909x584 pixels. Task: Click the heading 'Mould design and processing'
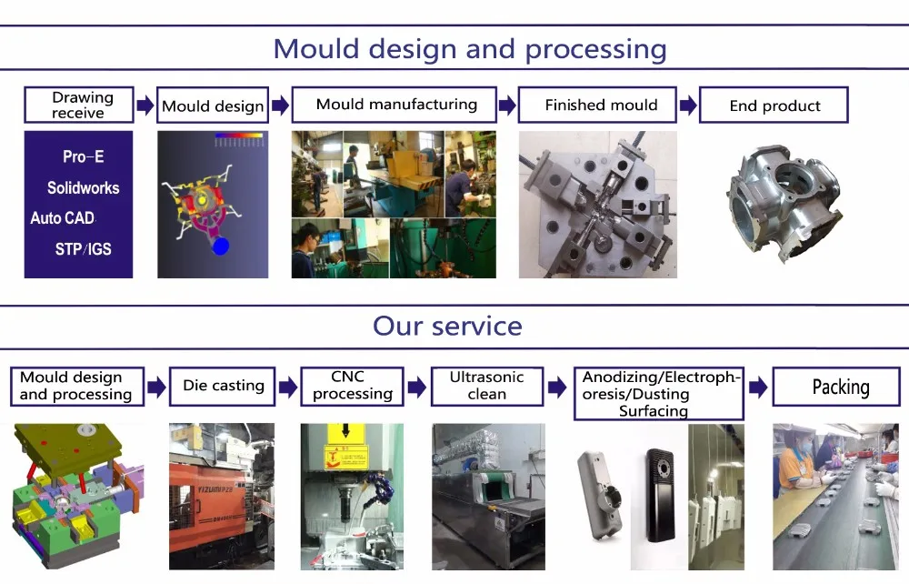pyautogui.click(x=470, y=49)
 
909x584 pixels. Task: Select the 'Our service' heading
pyautogui.click(x=447, y=326)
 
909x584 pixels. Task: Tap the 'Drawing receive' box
pyautogui.click(x=79, y=105)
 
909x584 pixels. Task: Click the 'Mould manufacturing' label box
pyautogui.click(x=395, y=105)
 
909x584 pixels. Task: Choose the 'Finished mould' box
pyautogui.click(x=597, y=105)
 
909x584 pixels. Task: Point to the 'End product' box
pyautogui.click(x=774, y=105)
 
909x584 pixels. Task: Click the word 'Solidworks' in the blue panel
pyautogui.click(x=84, y=188)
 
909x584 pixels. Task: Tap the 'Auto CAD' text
pyautogui.click(x=63, y=218)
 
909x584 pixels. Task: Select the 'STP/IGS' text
pyautogui.click(x=84, y=249)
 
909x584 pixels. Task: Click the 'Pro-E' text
pyautogui.click(x=84, y=156)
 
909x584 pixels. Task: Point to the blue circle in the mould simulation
pyautogui.click(x=220, y=247)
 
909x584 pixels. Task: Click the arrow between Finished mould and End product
pyautogui.click(x=688, y=106)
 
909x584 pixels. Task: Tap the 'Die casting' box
pyautogui.click(x=223, y=387)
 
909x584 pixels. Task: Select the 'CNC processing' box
pyautogui.click(x=353, y=387)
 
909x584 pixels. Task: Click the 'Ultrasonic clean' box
pyautogui.click(x=487, y=387)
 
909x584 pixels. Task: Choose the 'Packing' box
pyautogui.click(x=836, y=387)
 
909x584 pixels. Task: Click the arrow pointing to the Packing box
pyautogui.click(x=758, y=387)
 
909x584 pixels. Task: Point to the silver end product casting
pyautogui.click(x=784, y=201)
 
